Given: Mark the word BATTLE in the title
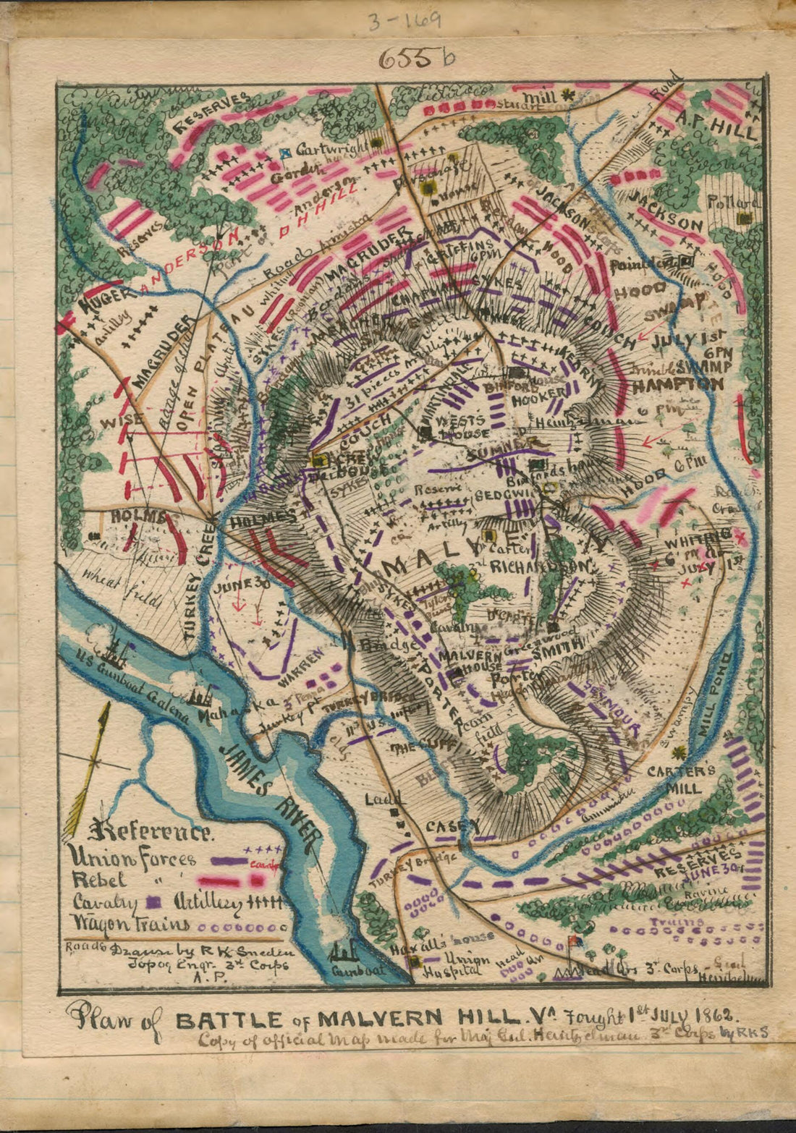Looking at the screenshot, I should (x=229, y=1021).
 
